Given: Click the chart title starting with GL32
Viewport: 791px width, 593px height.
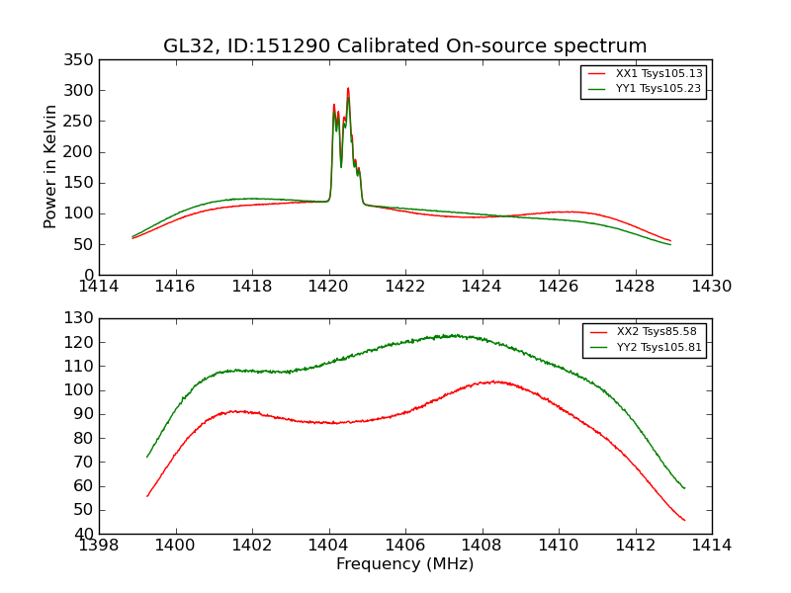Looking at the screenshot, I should (405, 45).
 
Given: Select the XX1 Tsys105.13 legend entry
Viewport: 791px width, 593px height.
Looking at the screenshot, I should (658, 73).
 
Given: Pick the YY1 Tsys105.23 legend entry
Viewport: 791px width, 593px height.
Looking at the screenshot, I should (658, 88).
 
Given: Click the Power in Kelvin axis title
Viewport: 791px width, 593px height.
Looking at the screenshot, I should (50, 167).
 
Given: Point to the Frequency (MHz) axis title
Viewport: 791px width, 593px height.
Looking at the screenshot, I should (405, 564).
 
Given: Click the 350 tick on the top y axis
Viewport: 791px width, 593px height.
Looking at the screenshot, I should (82, 60).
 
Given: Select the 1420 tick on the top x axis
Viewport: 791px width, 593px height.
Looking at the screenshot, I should (329, 287).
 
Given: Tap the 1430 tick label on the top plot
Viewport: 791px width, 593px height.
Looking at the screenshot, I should (711, 287).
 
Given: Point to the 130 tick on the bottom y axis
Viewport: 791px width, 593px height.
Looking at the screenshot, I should (82, 318).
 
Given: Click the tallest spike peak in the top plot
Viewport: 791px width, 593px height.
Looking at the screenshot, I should (348, 89).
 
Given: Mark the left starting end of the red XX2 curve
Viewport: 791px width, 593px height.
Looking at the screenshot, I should (147, 496).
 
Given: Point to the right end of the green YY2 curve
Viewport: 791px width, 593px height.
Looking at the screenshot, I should (684, 488).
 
